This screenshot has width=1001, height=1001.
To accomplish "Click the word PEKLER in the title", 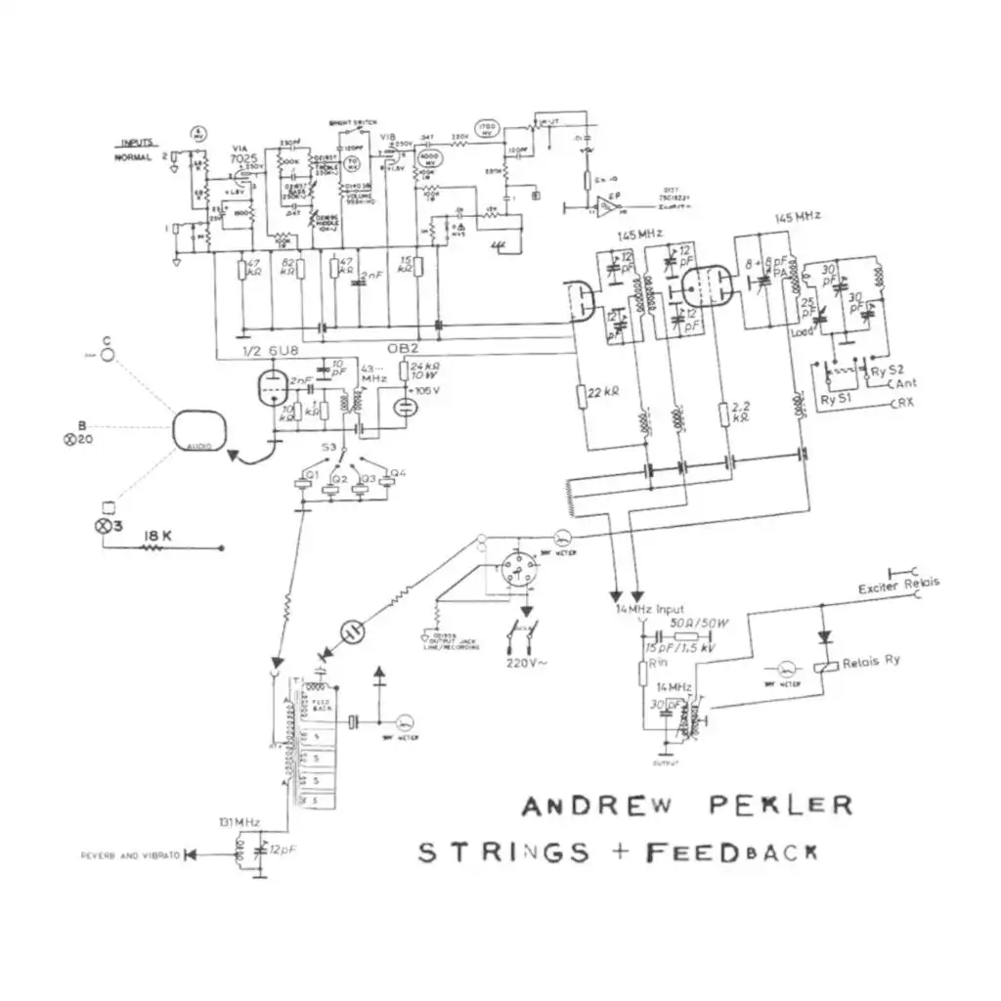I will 780,805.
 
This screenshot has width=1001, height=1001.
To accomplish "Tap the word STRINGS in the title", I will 504,851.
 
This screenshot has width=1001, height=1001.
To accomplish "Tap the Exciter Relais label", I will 898,586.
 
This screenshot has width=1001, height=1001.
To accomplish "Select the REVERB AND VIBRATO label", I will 131,856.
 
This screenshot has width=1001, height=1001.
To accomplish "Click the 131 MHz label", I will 239,822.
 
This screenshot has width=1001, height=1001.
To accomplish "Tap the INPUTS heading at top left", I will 136,143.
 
